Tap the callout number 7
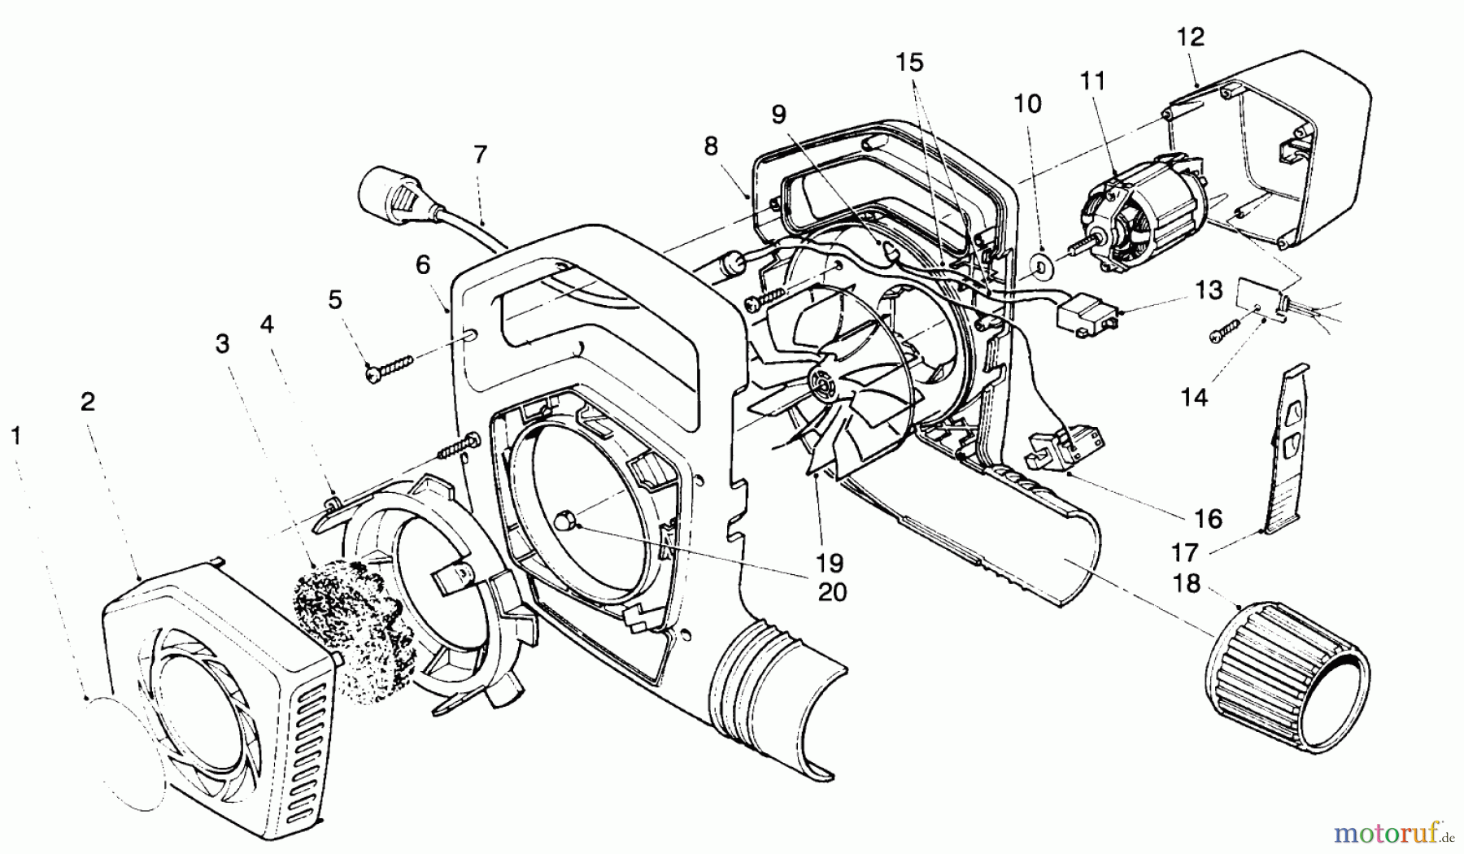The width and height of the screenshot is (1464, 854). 480,154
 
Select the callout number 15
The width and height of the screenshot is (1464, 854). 911,63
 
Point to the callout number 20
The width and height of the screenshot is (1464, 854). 830,592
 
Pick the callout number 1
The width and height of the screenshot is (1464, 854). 15,437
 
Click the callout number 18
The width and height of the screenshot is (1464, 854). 1187,583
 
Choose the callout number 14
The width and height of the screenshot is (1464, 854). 1195,397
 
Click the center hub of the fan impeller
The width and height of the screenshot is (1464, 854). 826,381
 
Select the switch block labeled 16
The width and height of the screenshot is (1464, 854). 1065,445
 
